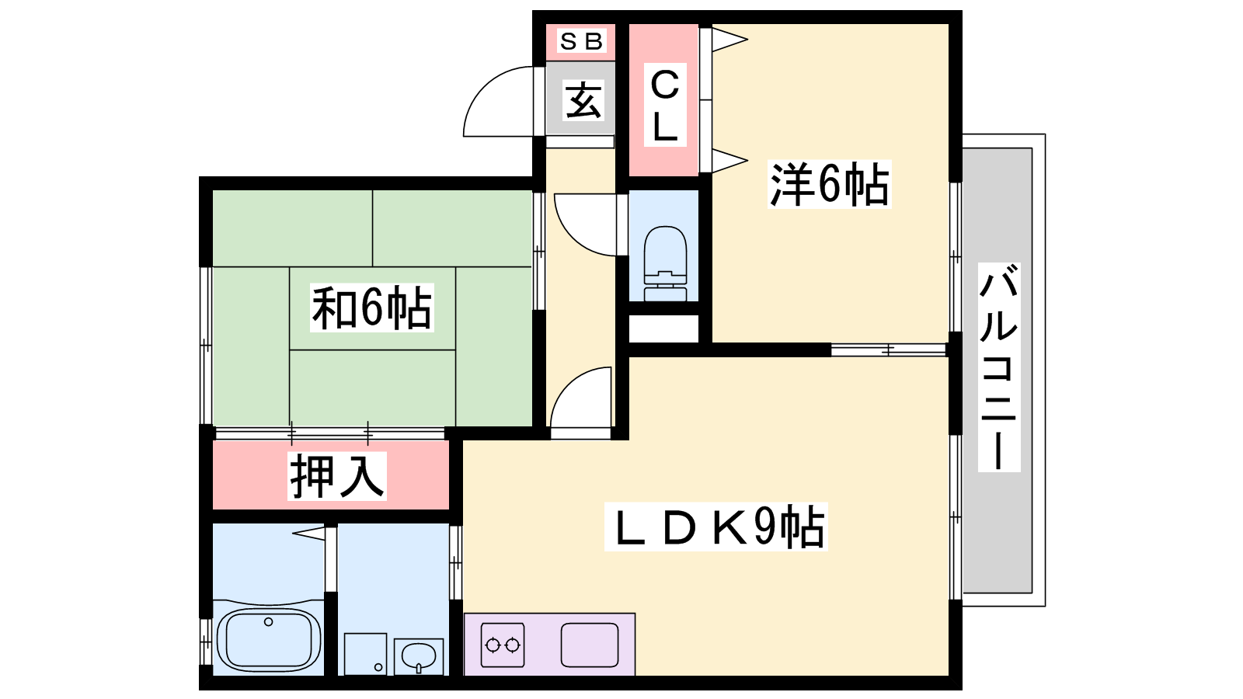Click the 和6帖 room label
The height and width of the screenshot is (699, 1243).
[371, 308]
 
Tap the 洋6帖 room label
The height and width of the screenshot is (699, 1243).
[829, 183]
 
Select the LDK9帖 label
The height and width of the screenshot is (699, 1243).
[716, 527]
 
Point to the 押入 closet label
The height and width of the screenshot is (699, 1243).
[337, 476]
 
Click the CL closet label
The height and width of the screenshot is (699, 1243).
[665, 105]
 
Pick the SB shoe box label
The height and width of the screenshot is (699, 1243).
[582, 42]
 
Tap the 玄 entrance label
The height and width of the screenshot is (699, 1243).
[583, 100]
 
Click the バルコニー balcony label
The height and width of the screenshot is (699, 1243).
[999, 367]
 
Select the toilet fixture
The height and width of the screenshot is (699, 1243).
[665, 263]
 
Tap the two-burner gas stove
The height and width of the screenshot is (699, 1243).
[503, 645]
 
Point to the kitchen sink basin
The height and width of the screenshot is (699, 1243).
[590, 645]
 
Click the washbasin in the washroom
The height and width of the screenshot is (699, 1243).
[419, 657]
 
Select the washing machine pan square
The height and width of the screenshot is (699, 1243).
[365, 654]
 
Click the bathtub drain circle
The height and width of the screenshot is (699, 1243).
[269, 622]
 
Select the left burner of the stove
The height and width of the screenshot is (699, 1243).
[493, 645]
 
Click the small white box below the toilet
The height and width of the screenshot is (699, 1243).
[663, 329]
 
